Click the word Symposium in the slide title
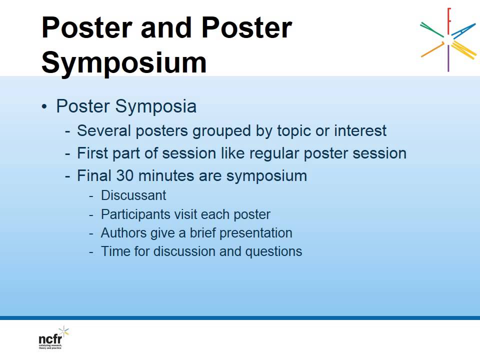[123, 63]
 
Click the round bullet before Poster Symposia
[45, 107]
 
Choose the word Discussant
[133, 195]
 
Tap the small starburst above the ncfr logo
[63, 331]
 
